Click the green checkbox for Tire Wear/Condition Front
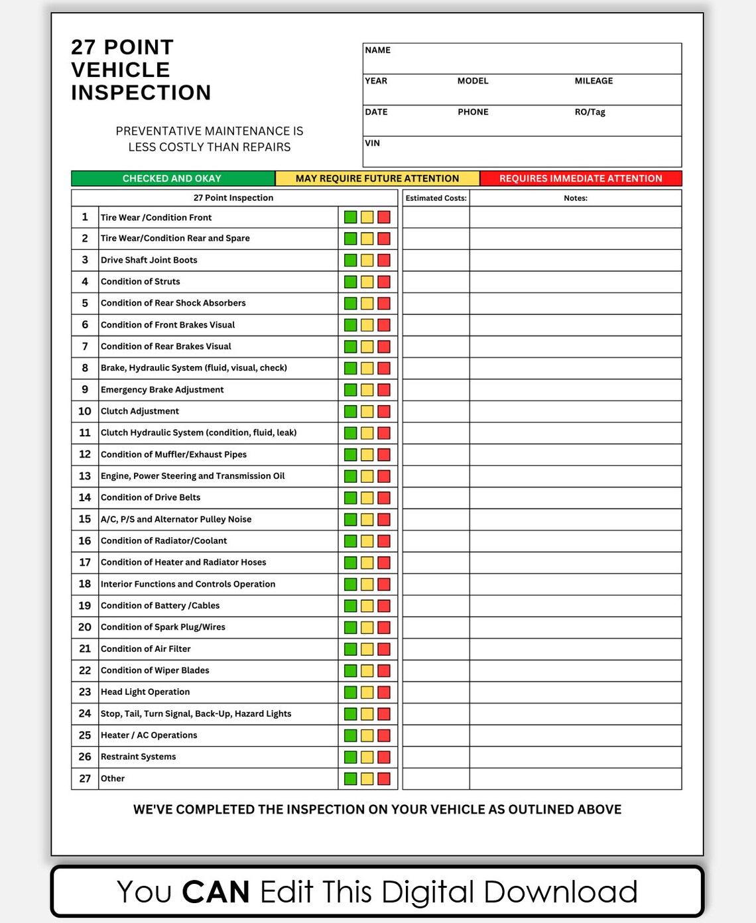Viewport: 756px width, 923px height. point(350,217)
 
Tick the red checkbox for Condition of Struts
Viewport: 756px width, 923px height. point(384,282)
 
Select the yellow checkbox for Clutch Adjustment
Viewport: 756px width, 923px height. point(367,411)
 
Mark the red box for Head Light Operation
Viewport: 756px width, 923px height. point(384,692)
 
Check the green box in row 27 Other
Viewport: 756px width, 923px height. point(350,778)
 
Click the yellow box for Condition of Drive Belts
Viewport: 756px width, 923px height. point(367,498)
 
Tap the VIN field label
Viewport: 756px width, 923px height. point(373,143)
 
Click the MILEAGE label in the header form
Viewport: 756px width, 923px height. point(594,81)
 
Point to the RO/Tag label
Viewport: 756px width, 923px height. point(590,112)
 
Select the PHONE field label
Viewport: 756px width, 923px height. point(473,112)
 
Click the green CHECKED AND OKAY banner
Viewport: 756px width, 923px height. point(172,178)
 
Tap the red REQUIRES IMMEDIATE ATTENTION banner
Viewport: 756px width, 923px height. point(580,178)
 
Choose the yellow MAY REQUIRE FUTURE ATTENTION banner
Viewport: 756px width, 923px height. point(377,178)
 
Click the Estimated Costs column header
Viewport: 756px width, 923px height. point(436,198)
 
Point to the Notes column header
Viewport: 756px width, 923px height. point(576,198)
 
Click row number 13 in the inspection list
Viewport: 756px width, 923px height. point(85,476)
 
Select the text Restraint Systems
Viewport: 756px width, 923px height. point(138,757)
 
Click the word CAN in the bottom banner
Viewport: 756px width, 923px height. point(216,892)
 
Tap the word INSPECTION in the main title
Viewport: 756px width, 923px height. point(141,92)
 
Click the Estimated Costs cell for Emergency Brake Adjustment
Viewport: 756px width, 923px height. point(436,390)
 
